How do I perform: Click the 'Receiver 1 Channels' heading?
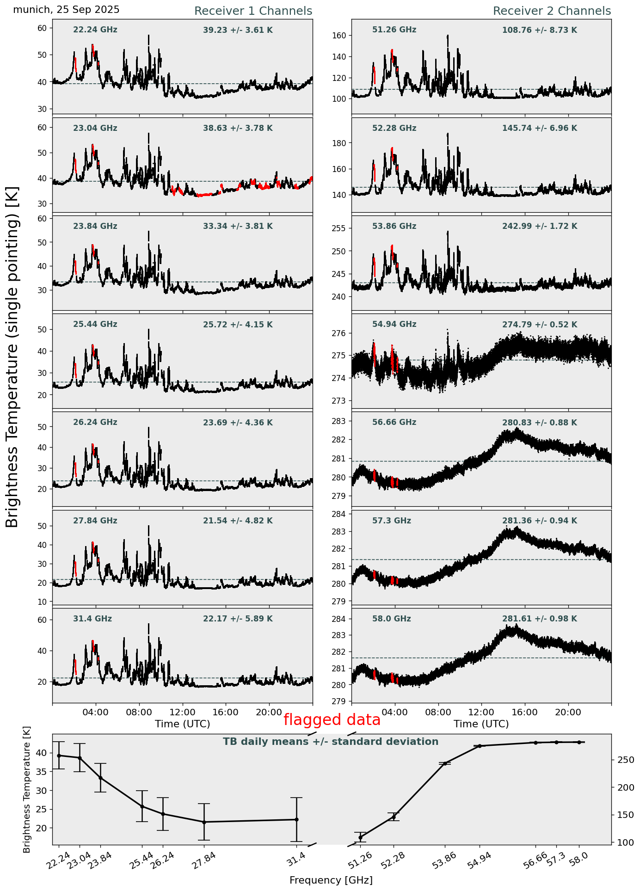click(253, 11)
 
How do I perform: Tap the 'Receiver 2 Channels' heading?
click(552, 11)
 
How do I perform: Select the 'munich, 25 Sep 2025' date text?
click(66, 10)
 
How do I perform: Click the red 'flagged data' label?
click(332, 720)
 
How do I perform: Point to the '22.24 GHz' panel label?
click(95, 30)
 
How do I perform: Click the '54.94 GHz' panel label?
click(394, 325)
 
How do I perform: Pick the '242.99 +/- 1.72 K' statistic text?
click(539, 227)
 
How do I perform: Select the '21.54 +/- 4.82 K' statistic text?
click(238, 521)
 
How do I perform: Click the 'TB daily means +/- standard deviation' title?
click(331, 742)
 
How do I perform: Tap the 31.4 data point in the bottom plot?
click(296, 820)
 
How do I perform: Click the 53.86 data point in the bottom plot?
click(445, 764)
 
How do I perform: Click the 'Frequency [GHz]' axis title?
click(331, 880)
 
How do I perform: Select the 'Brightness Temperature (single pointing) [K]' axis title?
click(12, 357)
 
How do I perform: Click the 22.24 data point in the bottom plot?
click(59, 756)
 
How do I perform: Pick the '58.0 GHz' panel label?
click(391, 619)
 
